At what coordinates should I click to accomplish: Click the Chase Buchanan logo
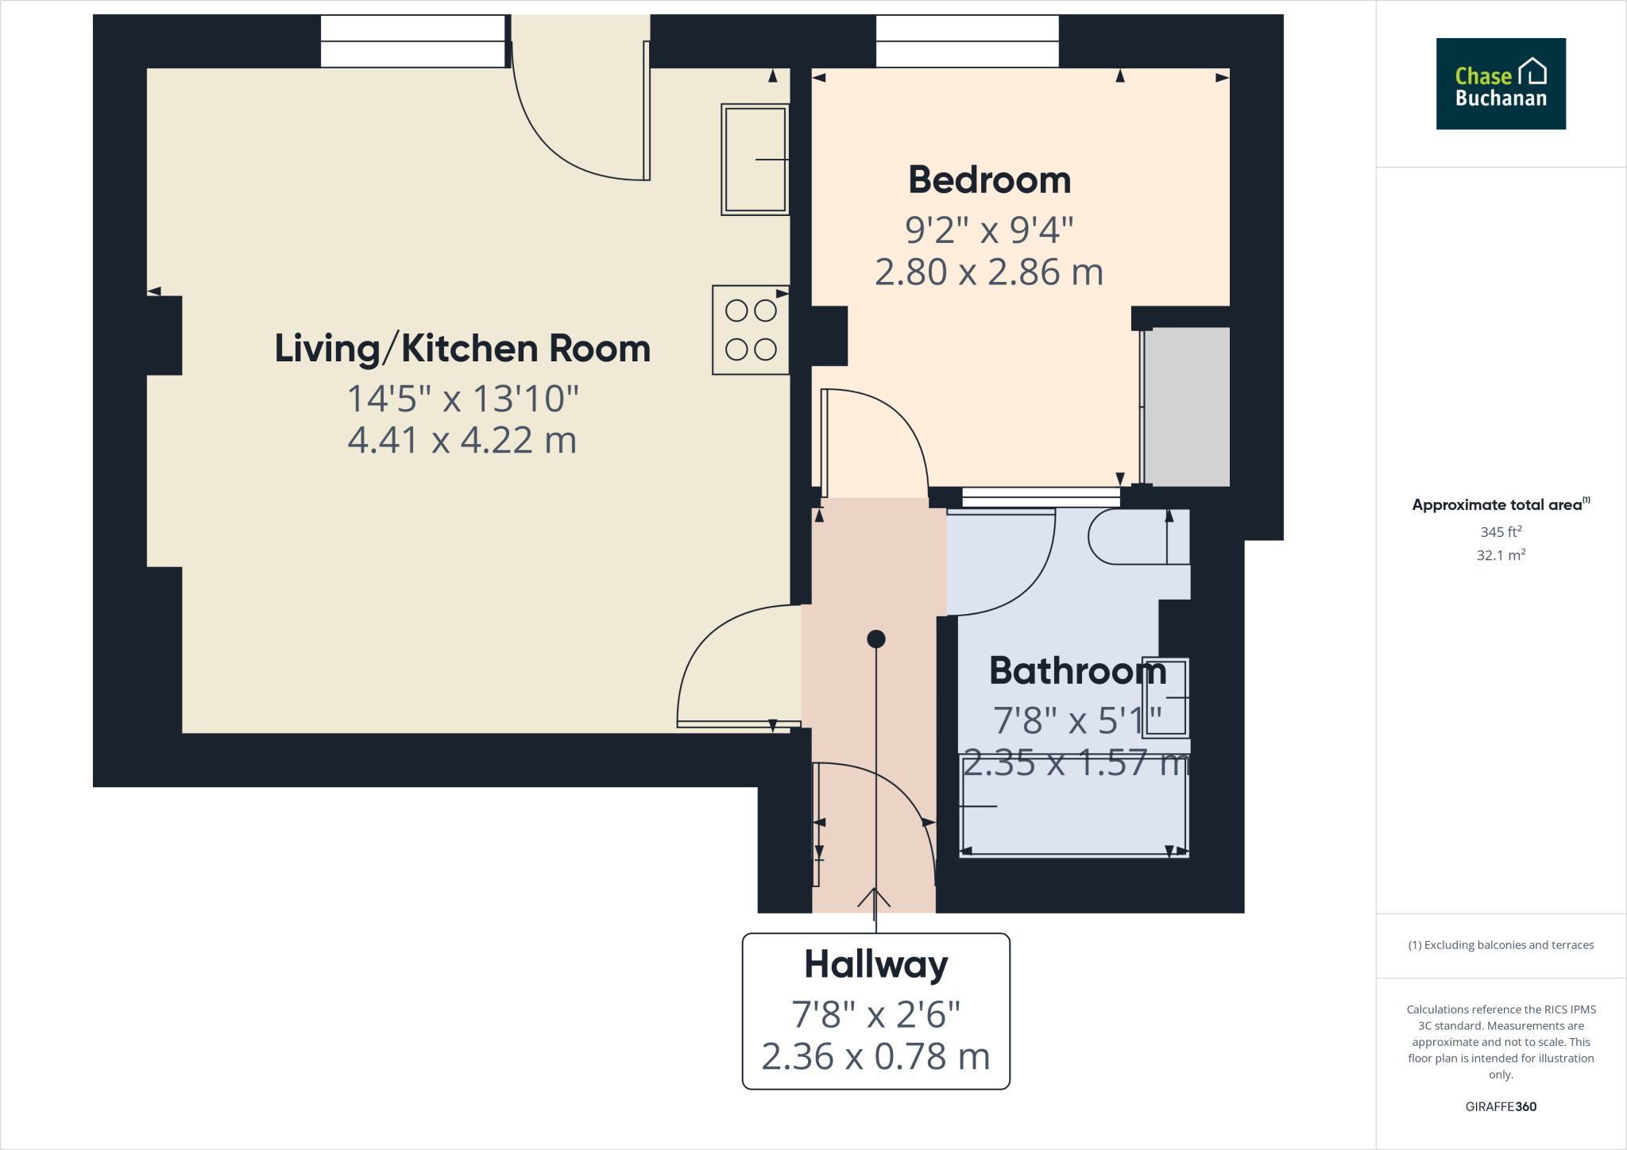1501,83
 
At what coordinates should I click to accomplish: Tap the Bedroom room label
989,179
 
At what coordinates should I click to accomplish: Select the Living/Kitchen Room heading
462,348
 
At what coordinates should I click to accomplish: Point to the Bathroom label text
1077,671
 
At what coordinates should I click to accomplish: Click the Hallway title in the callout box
876,966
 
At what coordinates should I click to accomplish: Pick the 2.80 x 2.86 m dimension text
989,272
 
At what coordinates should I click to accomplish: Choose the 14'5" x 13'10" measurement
462,399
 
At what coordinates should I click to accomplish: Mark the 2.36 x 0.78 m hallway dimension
875,1057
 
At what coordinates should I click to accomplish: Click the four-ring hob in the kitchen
751,330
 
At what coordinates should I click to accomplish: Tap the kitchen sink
756,160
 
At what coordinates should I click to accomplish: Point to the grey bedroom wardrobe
1186,407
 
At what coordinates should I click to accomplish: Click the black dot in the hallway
876,639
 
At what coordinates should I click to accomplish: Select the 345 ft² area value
1501,531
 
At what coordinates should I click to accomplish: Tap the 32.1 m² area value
1501,554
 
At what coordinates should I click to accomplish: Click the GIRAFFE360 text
1501,1106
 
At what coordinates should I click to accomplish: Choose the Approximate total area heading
1501,504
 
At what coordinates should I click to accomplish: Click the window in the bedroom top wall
968,41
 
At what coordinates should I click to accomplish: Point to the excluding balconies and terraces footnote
1501,945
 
